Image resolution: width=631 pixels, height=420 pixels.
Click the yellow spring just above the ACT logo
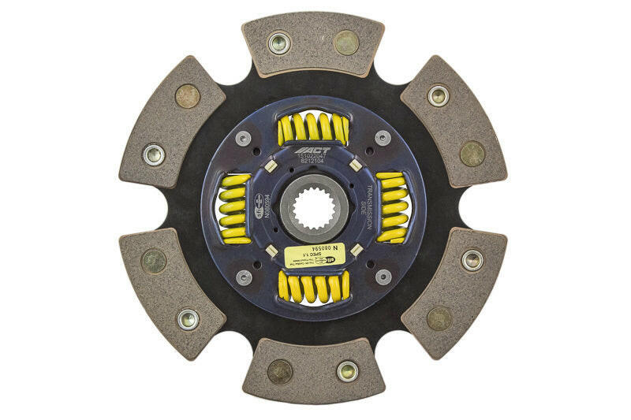pyautogui.click(x=313, y=128)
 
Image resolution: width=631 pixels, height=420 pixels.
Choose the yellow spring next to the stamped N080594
pyautogui.click(x=236, y=207)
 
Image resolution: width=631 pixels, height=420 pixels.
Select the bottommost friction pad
pyautogui.click(x=313, y=371)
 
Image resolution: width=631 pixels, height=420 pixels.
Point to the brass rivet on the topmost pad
pyautogui.click(x=346, y=42)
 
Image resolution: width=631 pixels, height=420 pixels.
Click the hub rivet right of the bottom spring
pyautogui.click(x=383, y=277)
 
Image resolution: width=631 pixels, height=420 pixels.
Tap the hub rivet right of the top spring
pyautogui.click(x=383, y=137)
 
